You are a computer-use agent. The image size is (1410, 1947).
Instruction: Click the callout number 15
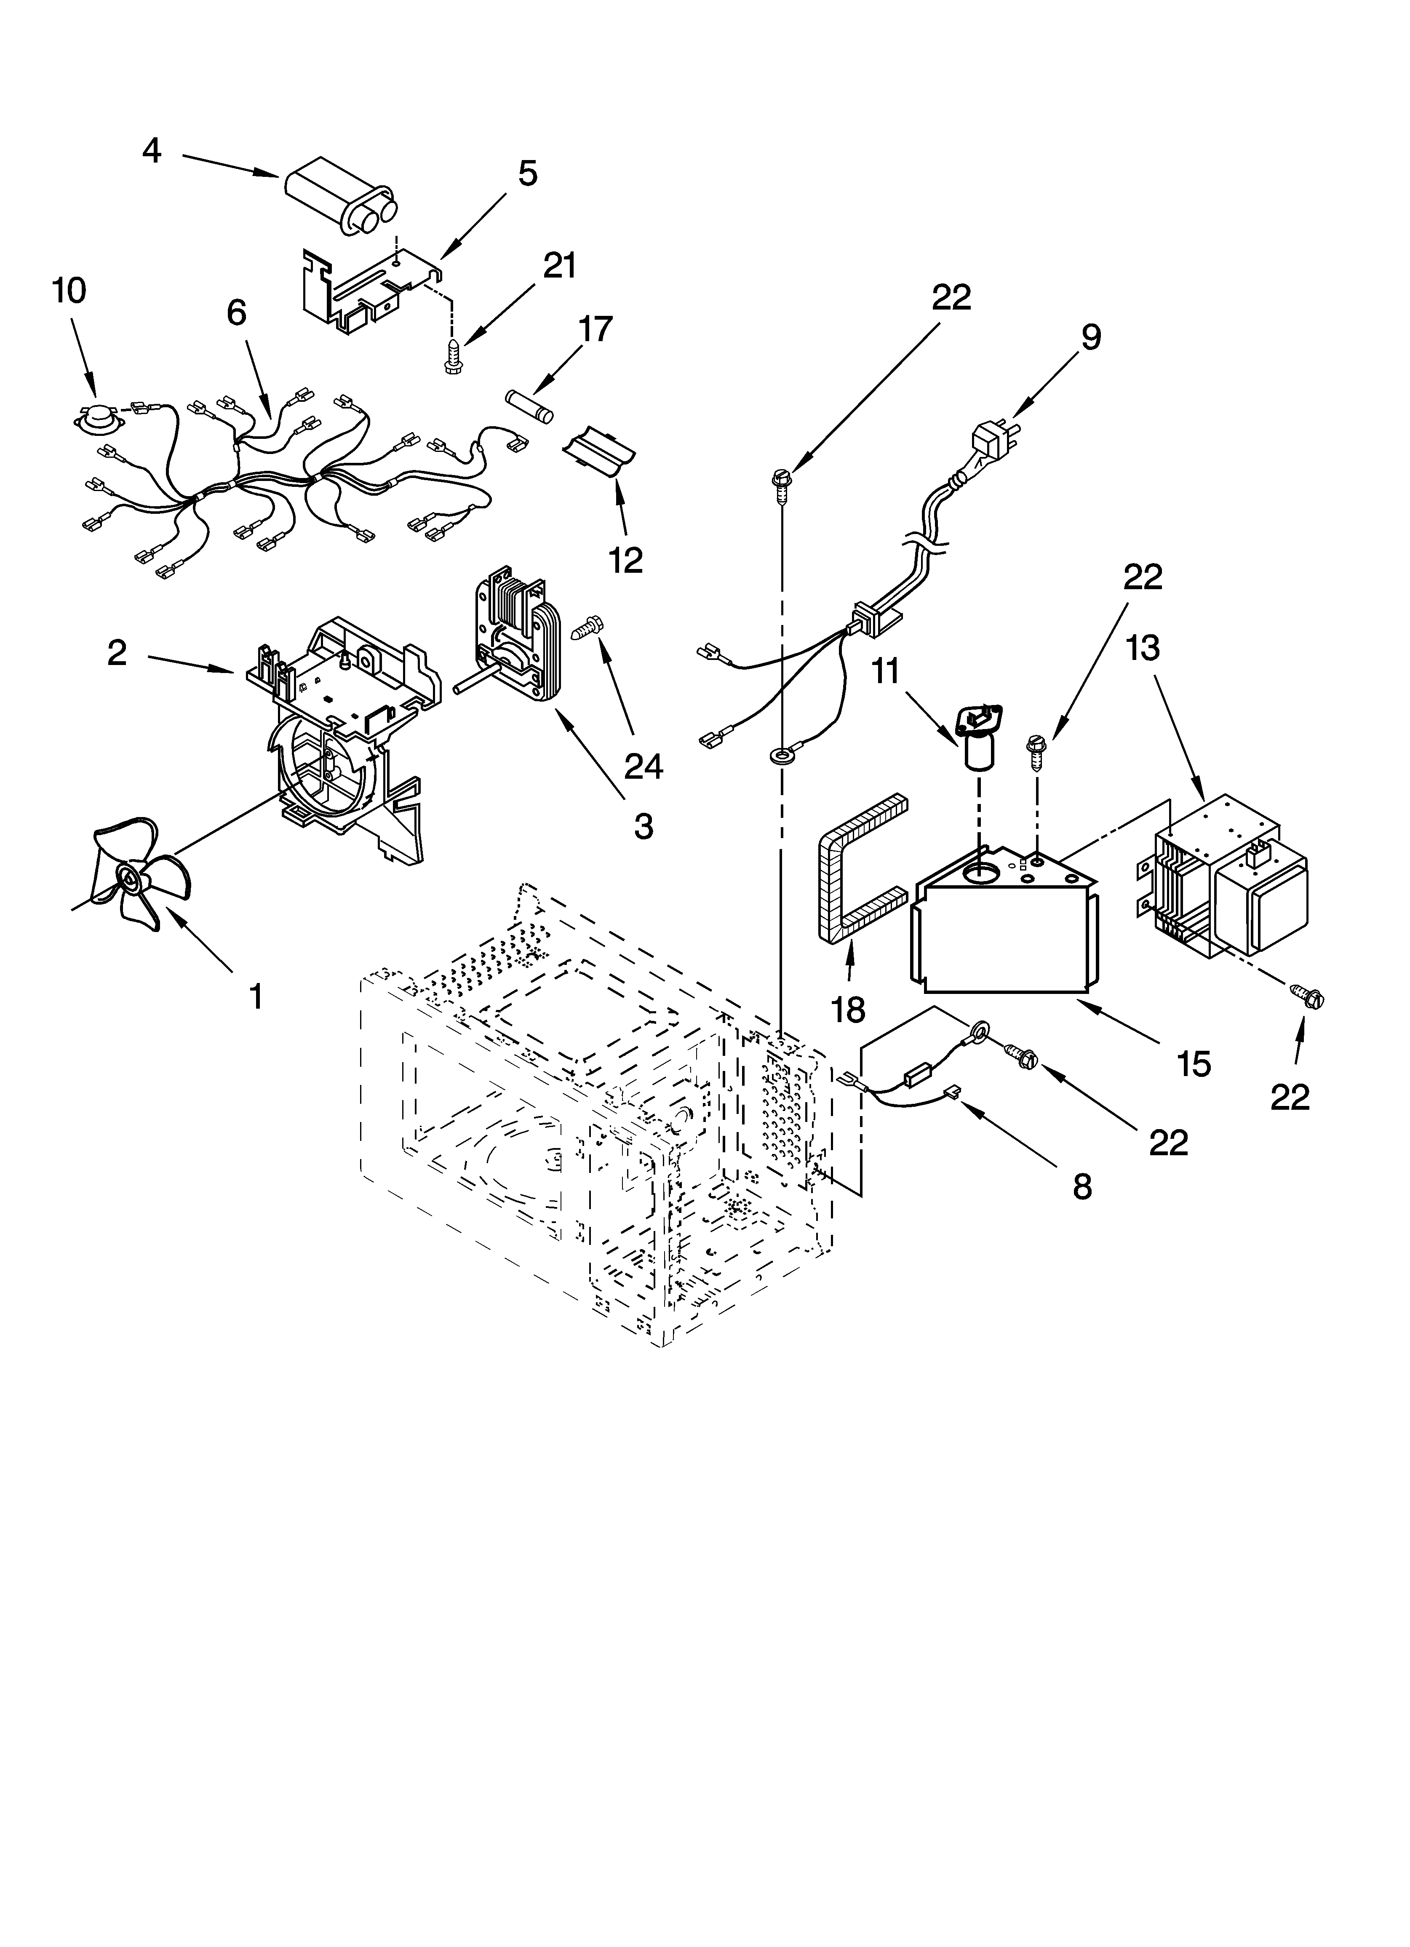(1194, 1065)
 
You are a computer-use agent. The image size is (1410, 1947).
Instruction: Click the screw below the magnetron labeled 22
(1309, 998)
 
